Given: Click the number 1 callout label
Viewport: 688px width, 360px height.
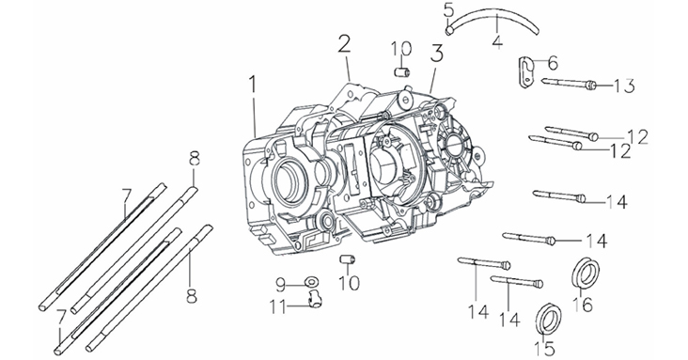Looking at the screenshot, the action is point(252,86).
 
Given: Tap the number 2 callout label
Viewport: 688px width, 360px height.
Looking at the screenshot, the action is point(344,45).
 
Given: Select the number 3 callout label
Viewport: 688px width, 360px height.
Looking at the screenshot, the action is point(436,55).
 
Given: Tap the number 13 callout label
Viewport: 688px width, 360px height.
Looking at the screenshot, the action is point(623,86).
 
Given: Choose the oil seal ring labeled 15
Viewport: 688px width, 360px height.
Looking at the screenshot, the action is point(549,319).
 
